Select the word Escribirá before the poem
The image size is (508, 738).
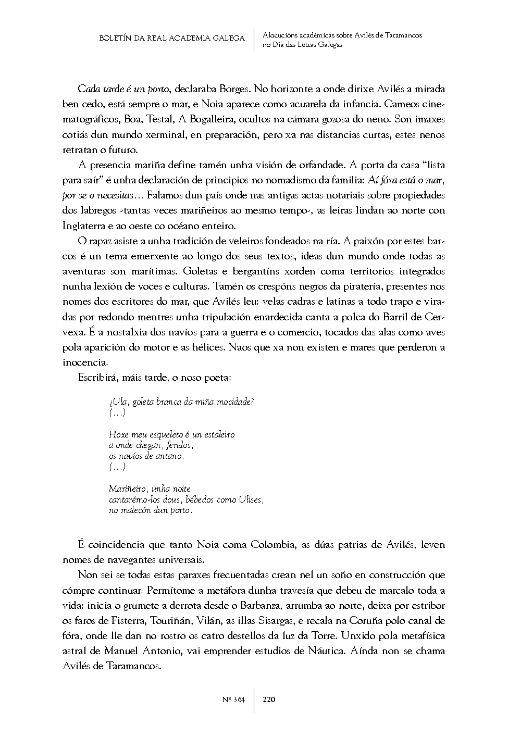click(98, 378)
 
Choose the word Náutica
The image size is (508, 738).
click(324, 652)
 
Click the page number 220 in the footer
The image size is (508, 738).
click(269, 700)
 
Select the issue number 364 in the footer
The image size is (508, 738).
click(238, 700)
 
